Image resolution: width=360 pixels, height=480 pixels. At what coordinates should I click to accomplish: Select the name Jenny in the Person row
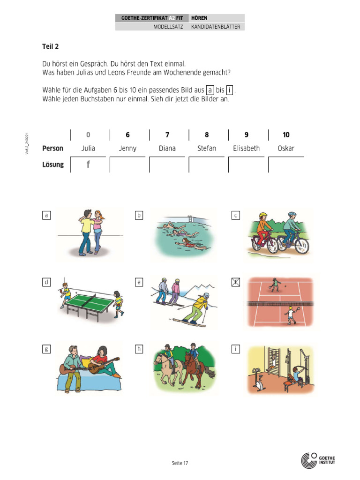pos(127,148)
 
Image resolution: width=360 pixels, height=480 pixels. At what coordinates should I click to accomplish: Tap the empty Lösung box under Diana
pos(167,165)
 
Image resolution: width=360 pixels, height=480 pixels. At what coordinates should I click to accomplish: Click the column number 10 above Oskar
pos(286,135)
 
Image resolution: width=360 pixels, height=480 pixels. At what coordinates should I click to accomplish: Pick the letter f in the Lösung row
pos(88,165)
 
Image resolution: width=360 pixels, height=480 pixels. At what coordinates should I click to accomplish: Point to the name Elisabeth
pos(246,148)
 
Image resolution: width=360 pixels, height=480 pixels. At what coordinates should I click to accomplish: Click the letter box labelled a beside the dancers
pos(46,216)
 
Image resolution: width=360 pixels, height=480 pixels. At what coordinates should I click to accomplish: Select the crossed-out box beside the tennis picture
pos(236,282)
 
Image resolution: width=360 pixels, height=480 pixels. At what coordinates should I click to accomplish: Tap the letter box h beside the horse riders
pos(139,349)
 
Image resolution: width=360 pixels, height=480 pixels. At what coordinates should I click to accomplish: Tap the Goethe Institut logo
pos(318,460)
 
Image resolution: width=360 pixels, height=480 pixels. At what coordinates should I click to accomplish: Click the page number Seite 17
pos(180,463)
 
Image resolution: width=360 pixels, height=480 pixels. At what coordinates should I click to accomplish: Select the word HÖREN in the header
pos(199,18)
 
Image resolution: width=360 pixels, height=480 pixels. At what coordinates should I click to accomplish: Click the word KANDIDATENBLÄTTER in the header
pos(216,27)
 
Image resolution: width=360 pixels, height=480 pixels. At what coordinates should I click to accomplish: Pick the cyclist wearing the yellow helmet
pos(263,230)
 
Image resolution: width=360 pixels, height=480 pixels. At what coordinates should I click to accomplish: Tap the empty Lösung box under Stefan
pos(207,165)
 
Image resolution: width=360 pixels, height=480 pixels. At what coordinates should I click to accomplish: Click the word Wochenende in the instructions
pos(175,73)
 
